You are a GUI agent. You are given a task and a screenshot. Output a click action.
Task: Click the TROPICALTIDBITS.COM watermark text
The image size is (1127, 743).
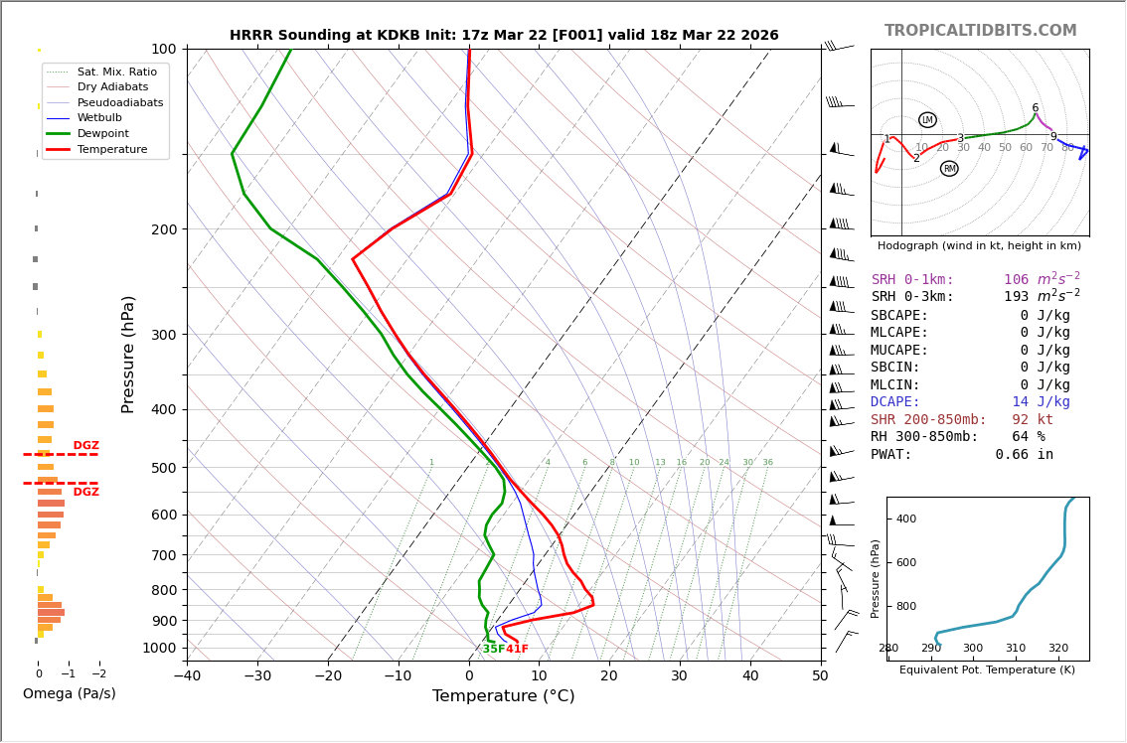click(x=980, y=31)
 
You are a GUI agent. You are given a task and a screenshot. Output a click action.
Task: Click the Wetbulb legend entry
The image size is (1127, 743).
click(x=99, y=118)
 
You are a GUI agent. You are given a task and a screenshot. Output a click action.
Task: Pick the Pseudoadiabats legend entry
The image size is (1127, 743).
click(x=119, y=102)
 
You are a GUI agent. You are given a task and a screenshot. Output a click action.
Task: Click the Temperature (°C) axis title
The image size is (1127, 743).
click(x=503, y=696)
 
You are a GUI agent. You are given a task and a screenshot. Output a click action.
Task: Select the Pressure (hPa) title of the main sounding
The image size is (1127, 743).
click(x=128, y=354)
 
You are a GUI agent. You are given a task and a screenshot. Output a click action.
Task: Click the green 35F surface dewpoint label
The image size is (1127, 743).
click(x=493, y=650)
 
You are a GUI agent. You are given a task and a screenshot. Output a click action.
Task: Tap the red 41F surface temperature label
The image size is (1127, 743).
click(x=518, y=650)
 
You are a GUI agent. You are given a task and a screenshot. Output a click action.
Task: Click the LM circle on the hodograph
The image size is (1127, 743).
click(x=927, y=120)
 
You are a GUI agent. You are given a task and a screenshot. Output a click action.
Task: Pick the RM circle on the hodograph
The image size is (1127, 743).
click(x=949, y=169)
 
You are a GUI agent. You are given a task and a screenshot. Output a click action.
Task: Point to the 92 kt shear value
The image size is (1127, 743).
click(x=1033, y=420)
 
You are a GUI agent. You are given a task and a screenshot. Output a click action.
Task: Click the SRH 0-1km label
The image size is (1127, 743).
click(x=912, y=280)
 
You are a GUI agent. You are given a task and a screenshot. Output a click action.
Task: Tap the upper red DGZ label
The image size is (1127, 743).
click(x=85, y=446)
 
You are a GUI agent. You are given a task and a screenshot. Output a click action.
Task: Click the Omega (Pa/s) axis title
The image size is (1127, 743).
click(x=70, y=693)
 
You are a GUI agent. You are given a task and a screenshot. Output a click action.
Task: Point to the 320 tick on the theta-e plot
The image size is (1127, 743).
click(x=1057, y=649)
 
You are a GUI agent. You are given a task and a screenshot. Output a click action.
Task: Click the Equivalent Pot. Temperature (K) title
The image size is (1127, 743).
click(x=987, y=670)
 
